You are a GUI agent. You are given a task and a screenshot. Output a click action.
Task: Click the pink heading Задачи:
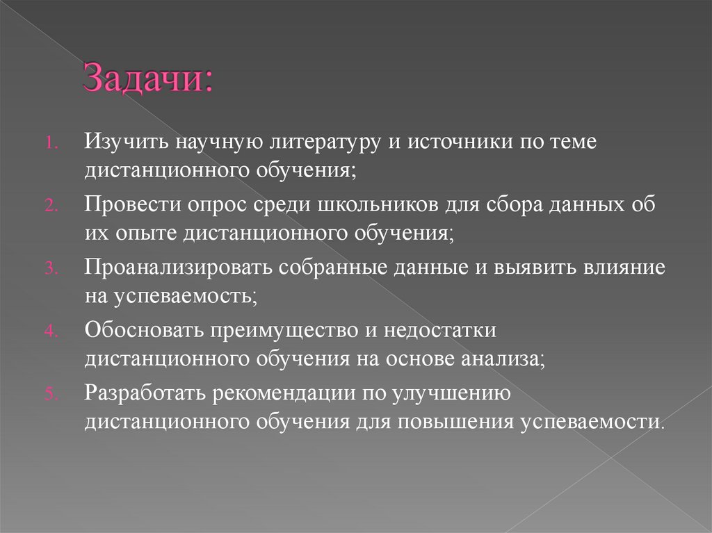click(x=148, y=79)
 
